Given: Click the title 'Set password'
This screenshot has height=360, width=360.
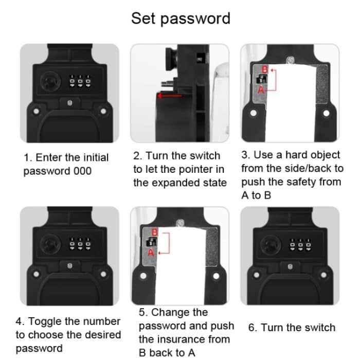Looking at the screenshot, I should (181, 19).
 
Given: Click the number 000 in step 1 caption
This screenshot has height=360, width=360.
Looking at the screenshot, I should (83, 171).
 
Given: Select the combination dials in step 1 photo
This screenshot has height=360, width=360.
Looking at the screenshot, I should (80, 81).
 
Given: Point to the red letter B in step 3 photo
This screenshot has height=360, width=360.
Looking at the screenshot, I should (265, 69).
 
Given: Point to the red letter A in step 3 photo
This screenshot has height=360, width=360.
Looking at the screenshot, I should (261, 89).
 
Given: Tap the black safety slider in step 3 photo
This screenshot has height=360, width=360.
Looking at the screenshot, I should (261, 79).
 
